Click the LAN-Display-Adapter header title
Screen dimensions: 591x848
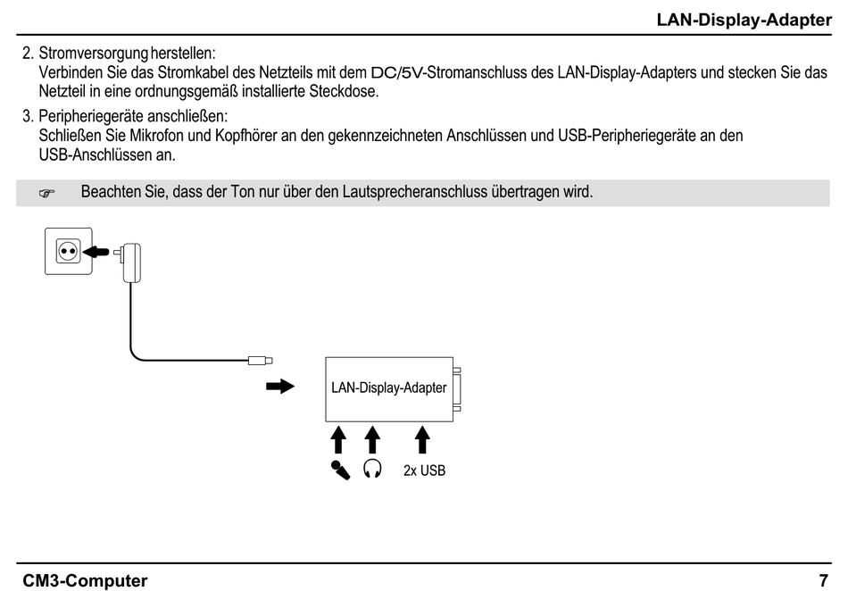[744, 20]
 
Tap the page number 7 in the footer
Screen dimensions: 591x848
[823, 580]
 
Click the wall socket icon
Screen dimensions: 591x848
[65, 252]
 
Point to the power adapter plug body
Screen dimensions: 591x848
[136, 259]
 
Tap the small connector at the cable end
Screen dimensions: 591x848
[261, 361]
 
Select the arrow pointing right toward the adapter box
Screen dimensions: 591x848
[280, 387]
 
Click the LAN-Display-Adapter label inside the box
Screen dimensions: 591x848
[388, 388]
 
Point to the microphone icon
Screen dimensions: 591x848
[339, 470]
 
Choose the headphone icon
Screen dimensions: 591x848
[372, 469]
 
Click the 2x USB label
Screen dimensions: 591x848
[424, 470]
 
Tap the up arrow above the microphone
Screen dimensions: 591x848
[338, 440]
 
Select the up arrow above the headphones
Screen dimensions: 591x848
[372, 440]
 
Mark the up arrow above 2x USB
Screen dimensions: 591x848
[422, 440]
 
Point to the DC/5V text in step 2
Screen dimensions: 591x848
[397, 71]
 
